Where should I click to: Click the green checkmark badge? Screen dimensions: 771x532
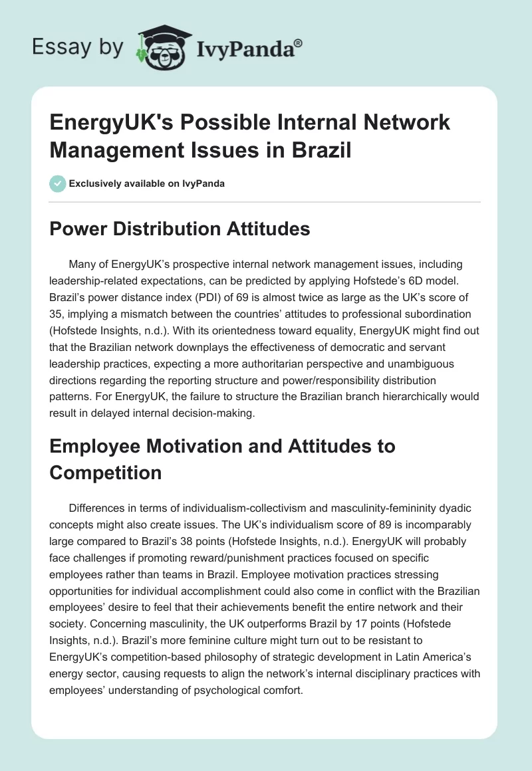(x=58, y=183)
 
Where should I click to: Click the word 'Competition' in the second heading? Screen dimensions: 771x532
(x=106, y=473)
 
